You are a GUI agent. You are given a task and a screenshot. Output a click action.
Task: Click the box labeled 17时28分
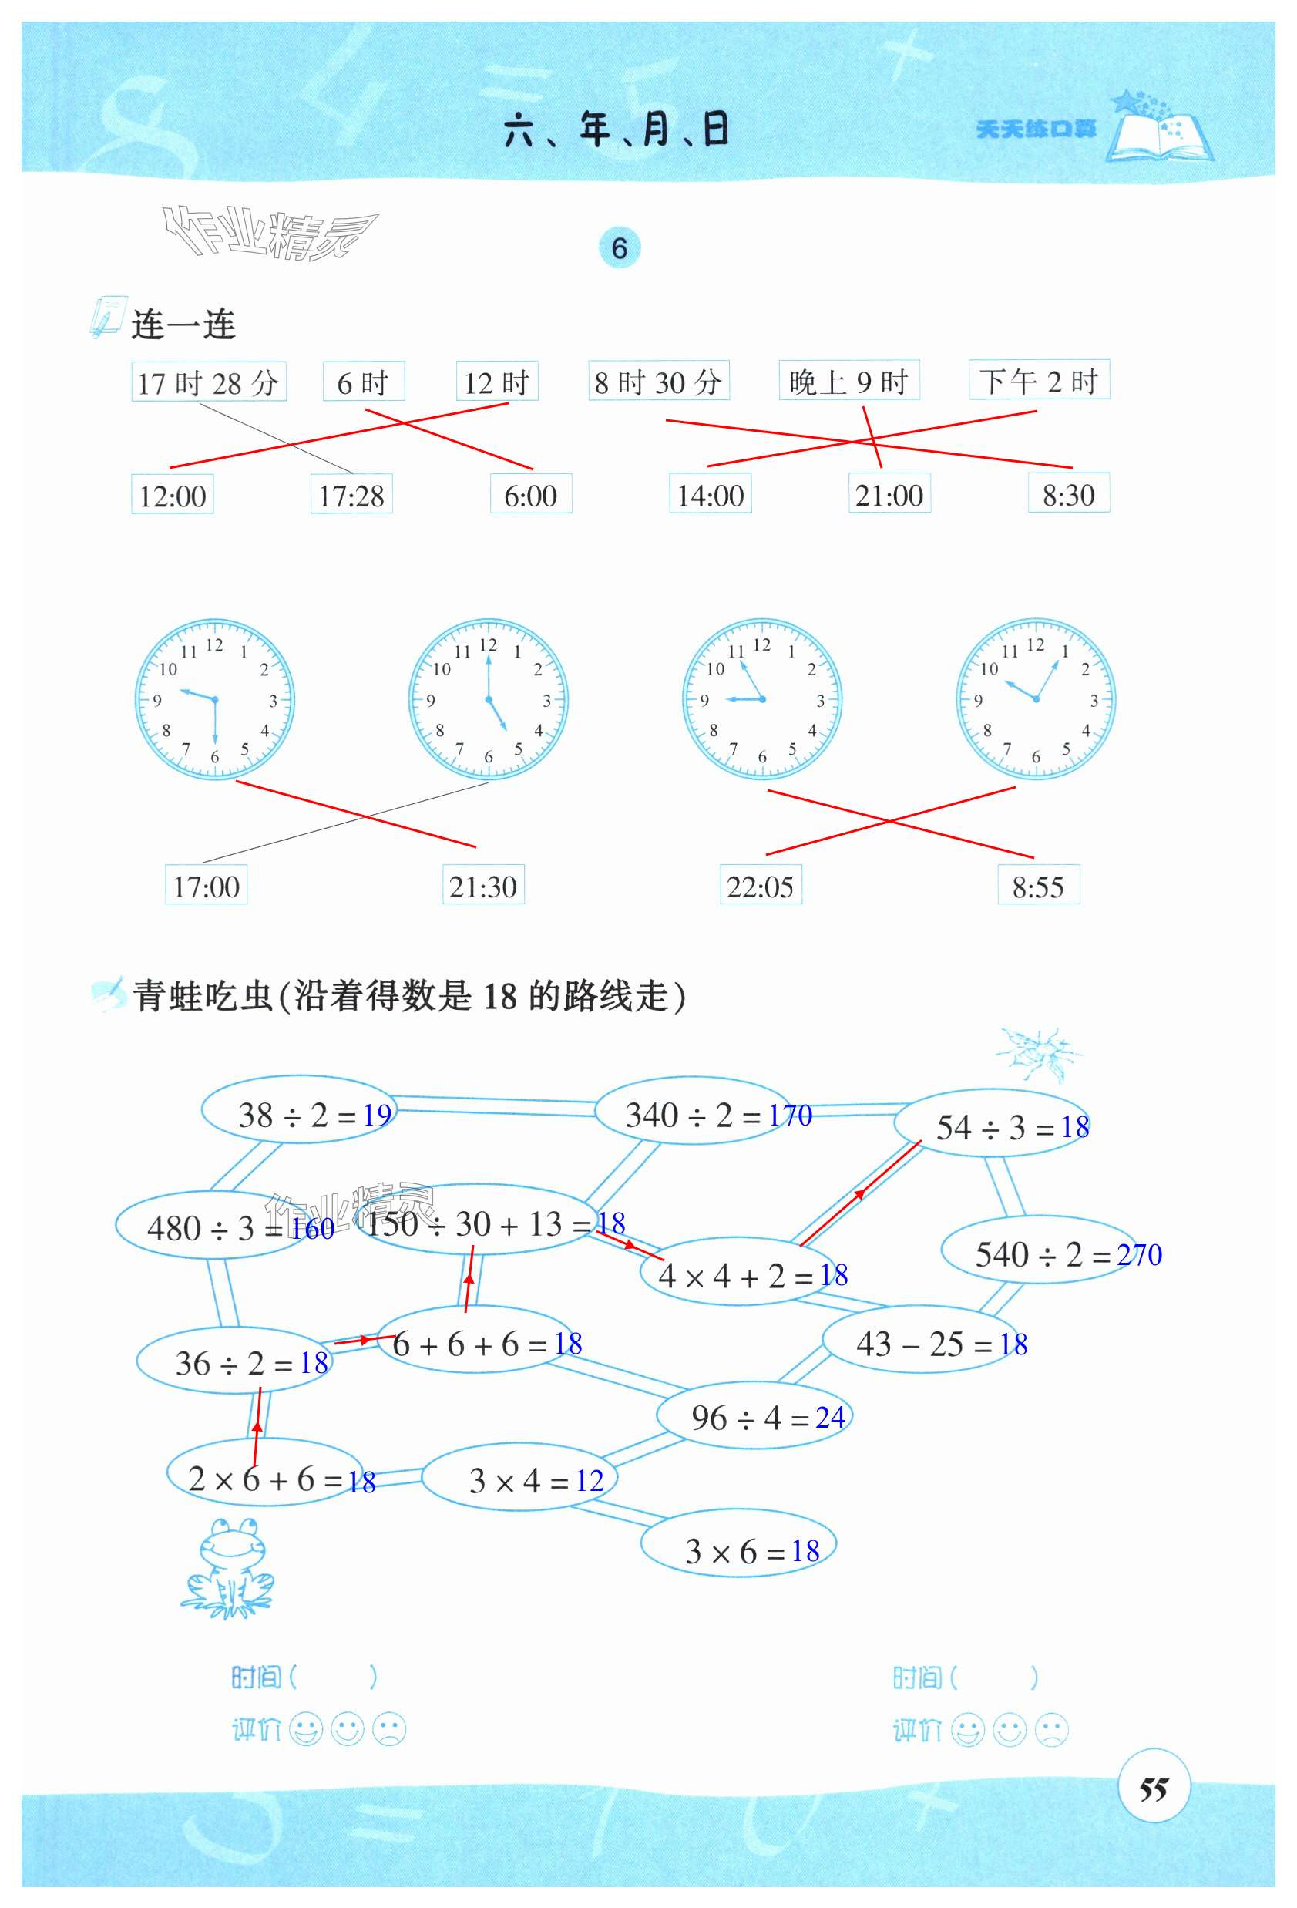coord(209,382)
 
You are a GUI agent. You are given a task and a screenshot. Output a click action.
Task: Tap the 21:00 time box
coord(889,494)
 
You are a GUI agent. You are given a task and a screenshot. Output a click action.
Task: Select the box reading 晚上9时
coord(848,381)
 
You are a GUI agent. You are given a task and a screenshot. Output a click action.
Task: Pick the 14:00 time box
coord(710,494)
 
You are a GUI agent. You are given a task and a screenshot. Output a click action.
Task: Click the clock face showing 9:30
coord(214,698)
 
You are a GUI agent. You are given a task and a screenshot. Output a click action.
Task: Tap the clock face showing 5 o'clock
coord(488,698)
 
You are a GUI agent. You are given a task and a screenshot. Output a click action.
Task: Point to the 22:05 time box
coord(760,886)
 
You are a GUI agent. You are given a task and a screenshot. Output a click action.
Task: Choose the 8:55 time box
coord(1037,886)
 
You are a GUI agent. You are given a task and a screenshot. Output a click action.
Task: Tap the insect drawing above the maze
coord(1038,1052)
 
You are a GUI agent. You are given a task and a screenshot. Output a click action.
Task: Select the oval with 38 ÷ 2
coord(298,1113)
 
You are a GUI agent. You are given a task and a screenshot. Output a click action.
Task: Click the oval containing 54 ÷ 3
coord(992,1126)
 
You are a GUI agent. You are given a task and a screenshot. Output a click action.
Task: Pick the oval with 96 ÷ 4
coord(754,1417)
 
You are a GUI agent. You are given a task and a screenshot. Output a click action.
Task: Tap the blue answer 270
coord(1138,1254)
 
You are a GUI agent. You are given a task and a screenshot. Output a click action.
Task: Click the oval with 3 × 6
coord(738,1550)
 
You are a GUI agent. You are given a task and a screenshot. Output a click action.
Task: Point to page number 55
coord(1154,1789)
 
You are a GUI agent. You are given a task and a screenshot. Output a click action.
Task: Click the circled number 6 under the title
coord(619,248)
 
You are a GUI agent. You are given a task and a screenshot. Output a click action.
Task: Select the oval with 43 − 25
coord(924,1344)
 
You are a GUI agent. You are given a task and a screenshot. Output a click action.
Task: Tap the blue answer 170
coord(791,1115)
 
